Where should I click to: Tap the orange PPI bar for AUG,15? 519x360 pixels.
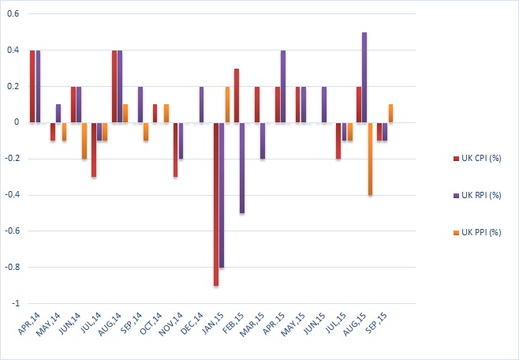pos(370,159)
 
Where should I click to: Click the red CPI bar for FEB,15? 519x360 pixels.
pos(237,96)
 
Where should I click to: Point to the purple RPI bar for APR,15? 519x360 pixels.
pos(283,86)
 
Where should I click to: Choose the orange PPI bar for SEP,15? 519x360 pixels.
pos(390,113)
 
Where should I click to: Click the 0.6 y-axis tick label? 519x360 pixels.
pos(13,14)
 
